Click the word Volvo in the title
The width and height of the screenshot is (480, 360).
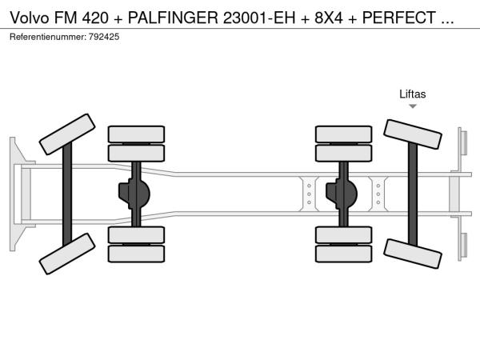click(30, 18)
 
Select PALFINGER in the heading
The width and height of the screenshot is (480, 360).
click(173, 18)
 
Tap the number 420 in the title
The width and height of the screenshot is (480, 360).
click(95, 18)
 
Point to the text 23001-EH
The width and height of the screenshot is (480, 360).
click(259, 18)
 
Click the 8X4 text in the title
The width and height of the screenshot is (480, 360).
click(329, 18)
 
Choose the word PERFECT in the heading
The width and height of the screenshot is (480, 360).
click(399, 18)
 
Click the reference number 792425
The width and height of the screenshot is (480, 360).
click(104, 37)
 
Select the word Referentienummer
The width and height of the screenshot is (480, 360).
click(48, 37)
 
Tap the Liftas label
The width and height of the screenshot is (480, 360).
click(412, 94)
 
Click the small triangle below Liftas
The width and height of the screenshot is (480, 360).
click(413, 106)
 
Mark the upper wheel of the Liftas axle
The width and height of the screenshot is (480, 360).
click(413, 134)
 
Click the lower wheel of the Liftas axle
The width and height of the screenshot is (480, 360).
click(413, 254)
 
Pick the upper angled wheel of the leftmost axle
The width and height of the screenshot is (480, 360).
click(67, 134)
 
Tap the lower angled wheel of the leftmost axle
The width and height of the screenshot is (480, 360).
click(67, 254)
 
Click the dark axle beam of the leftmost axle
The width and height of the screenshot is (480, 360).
click(67, 194)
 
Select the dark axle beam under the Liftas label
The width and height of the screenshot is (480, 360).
click(413, 194)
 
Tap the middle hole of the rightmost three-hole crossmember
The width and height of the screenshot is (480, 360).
click(378, 194)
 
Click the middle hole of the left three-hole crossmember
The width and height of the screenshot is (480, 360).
click(309, 194)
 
